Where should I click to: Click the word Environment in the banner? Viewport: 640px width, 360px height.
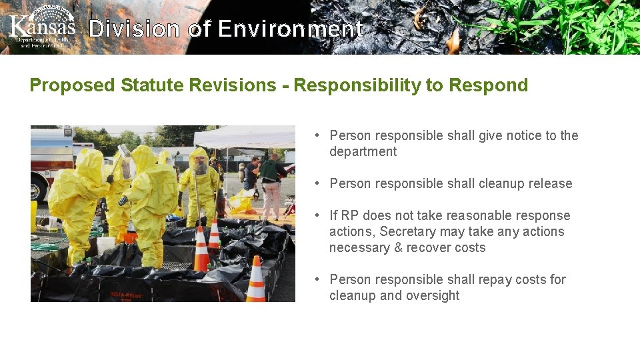point(290,29)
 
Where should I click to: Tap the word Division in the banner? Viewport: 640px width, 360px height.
point(134,29)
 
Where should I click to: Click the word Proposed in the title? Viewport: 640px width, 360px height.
point(73,85)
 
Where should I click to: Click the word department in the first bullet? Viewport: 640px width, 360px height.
point(363,151)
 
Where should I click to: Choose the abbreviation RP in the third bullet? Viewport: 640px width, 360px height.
point(351,215)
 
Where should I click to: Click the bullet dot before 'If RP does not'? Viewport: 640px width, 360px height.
point(319,215)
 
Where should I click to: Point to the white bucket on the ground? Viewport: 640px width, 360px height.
point(105,245)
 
